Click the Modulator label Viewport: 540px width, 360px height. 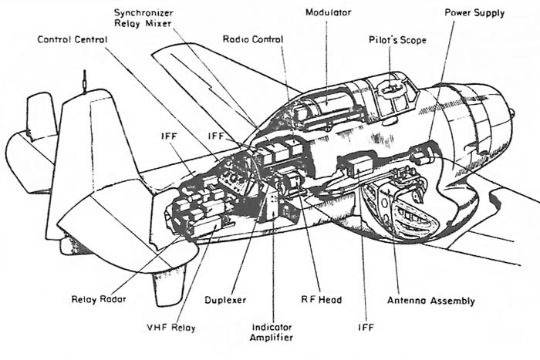click(x=328, y=12)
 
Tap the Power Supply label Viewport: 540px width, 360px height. click(x=474, y=13)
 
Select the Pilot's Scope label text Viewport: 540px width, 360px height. click(x=397, y=40)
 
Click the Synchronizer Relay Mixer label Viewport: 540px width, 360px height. click(x=143, y=19)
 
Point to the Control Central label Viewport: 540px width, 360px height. click(x=73, y=39)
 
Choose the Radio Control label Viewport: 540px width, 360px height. click(x=253, y=39)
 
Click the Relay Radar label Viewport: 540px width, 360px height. click(x=99, y=299)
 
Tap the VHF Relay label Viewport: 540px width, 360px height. click(x=171, y=328)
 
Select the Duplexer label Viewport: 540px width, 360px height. click(x=225, y=300)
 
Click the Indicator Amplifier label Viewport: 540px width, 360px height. click(x=272, y=332)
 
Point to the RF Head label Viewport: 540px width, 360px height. click(x=322, y=299)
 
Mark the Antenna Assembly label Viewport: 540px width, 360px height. click(x=430, y=301)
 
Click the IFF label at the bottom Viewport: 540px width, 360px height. click(x=366, y=327)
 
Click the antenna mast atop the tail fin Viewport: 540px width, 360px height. click(x=84, y=81)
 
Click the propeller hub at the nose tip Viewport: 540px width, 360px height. click(x=511, y=113)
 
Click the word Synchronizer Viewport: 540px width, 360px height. click(x=143, y=13)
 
